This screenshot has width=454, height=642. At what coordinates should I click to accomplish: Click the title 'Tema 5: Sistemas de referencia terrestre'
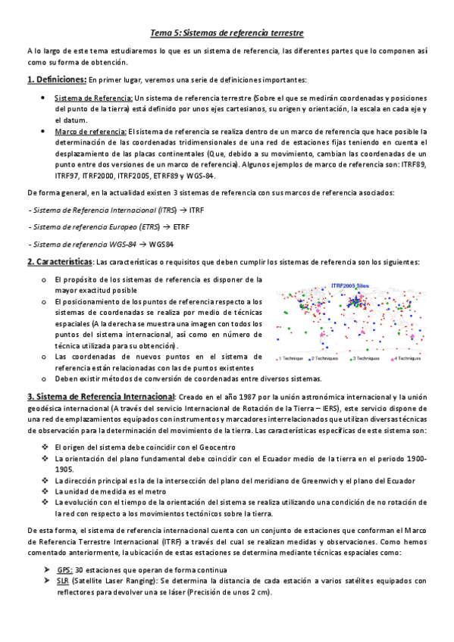(227, 33)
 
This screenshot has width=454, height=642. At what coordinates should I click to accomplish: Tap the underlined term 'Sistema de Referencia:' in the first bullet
(93, 98)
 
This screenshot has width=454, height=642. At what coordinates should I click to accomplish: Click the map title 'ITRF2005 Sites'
(351, 285)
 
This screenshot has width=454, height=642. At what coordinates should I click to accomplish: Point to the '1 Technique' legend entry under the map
(292, 357)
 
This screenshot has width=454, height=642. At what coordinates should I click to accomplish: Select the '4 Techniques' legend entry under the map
(408, 357)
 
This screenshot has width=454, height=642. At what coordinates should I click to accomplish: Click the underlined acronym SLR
(62, 581)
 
